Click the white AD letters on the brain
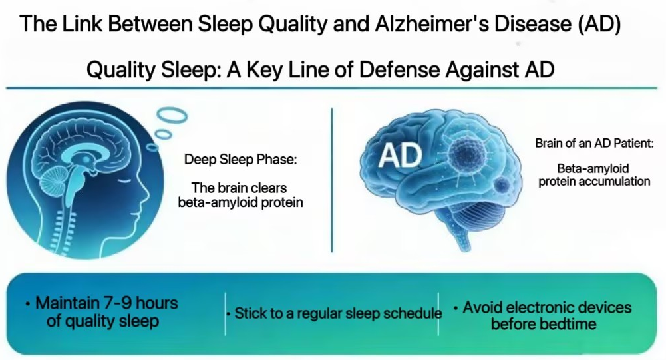click(400, 155)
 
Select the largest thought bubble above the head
click(172, 114)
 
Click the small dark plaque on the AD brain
click(502, 184)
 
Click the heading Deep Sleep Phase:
click(240, 160)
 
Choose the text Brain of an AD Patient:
click(594, 143)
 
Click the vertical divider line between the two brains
click(332, 180)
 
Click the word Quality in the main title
click(293, 24)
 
